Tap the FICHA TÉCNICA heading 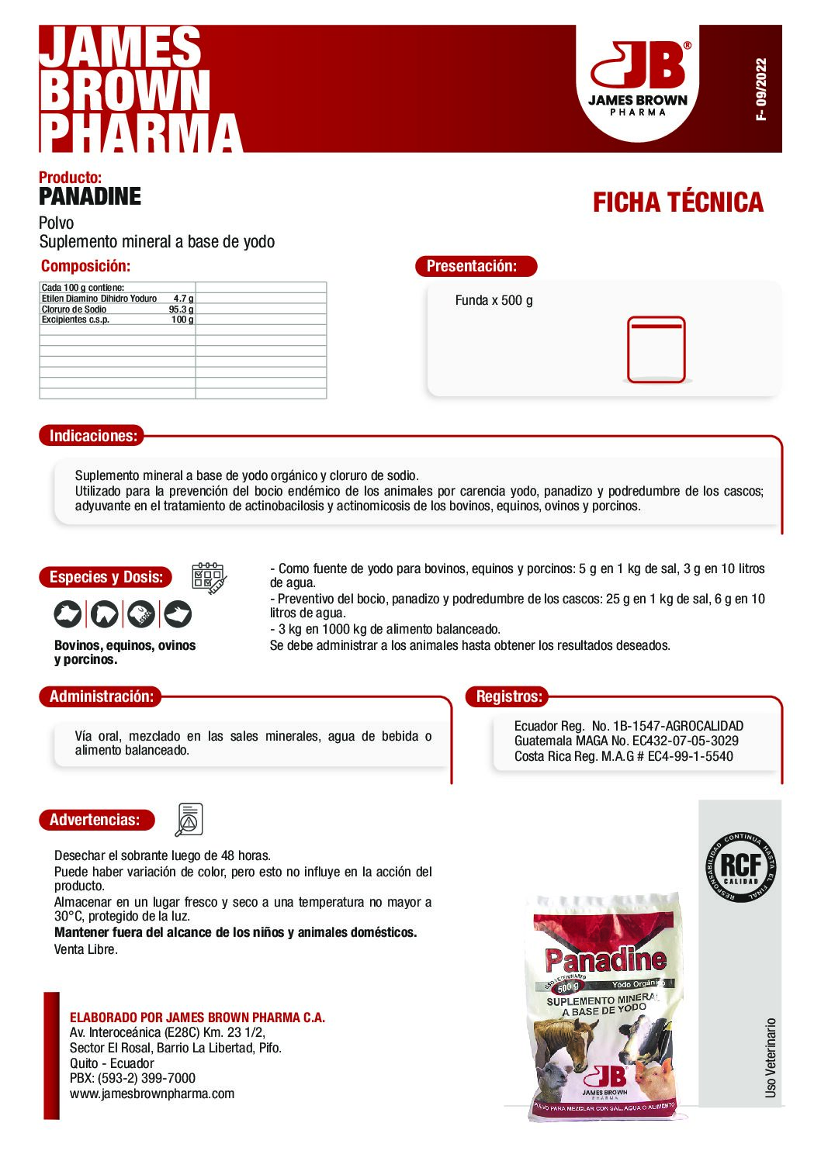pos(678,202)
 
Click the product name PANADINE pos(90,196)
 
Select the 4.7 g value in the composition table pos(184,299)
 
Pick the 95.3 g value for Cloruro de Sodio pos(182,309)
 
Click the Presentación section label pos(472,266)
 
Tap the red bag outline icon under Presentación pos(656,350)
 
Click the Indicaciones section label pos(93,436)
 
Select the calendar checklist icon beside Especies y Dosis pos(209,578)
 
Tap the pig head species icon pos(178,614)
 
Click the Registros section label pos(509,696)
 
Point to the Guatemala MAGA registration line pos(626,741)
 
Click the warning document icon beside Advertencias pos(189,820)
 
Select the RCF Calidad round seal pos(740,867)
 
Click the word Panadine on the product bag pos(605,960)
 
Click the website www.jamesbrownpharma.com pos(152,1094)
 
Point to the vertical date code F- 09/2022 pos(761,89)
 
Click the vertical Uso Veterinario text pos(771,1057)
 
